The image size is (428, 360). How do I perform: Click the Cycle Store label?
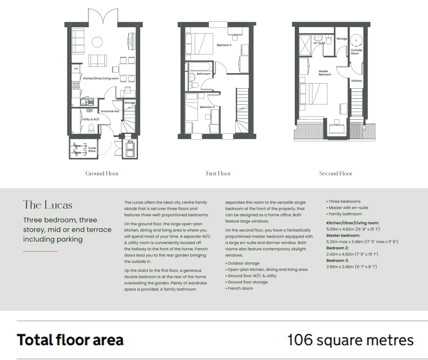(92, 150)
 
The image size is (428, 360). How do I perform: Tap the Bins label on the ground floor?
(130, 141)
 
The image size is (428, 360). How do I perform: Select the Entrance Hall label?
(110, 111)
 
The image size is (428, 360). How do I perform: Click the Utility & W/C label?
(91, 119)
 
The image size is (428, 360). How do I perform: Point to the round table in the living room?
(97, 42)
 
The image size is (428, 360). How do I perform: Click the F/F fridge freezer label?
(76, 69)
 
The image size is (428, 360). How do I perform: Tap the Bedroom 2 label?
(224, 45)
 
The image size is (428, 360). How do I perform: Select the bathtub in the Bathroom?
(199, 66)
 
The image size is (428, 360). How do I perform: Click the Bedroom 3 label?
(207, 107)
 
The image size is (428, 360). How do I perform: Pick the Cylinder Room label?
(356, 52)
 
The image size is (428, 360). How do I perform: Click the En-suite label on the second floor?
(319, 43)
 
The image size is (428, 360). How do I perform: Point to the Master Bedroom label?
(324, 73)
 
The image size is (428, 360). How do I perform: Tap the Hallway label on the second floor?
(356, 81)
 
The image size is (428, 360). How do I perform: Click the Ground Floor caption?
(102, 174)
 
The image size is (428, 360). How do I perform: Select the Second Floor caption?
(336, 174)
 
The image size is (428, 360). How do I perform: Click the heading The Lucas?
(48, 205)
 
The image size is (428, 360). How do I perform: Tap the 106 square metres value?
(350, 340)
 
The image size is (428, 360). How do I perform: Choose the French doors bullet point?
(239, 288)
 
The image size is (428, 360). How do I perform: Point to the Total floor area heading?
(70, 340)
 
